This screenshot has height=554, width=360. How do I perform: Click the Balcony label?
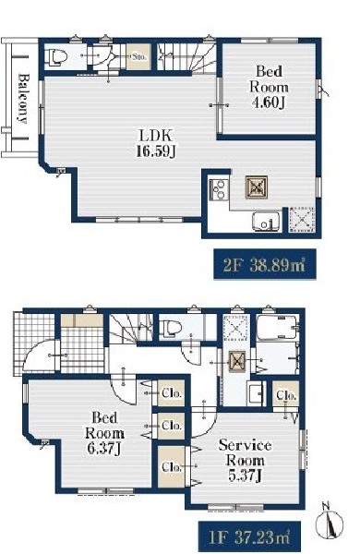(23, 98)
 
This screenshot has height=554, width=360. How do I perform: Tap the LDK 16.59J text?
(156, 143)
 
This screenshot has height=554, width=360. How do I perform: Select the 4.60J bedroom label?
(269, 87)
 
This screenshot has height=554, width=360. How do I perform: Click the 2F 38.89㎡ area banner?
(265, 264)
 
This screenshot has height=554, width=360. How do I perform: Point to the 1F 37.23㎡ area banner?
(249, 537)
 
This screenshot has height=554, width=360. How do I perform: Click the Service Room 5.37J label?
(246, 461)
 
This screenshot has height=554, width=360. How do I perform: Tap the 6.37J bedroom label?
(104, 433)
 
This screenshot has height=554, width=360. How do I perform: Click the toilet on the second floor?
(56, 57)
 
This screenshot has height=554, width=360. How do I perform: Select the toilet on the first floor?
(170, 327)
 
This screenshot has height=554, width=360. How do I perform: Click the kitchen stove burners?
(219, 190)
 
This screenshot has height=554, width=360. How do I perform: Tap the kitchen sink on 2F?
(266, 222)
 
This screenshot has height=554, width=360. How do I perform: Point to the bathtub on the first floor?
(277, 327)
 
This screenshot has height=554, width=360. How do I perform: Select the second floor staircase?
(186, 56)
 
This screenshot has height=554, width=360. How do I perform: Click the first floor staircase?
(131, 328)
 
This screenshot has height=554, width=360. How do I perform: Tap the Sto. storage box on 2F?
(138, 55)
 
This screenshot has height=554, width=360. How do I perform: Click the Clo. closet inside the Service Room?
(171, 466)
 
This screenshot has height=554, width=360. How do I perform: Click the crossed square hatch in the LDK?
(256, 187)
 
